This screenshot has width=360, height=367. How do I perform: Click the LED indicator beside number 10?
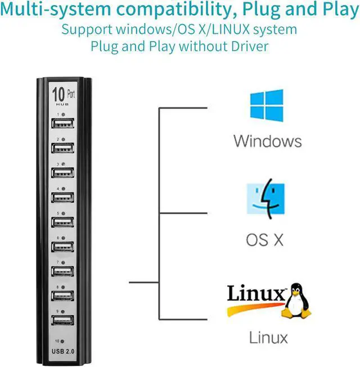(62, 342)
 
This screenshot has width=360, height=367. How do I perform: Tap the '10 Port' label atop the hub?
(62, 93)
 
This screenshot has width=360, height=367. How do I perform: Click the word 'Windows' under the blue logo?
(268, 140)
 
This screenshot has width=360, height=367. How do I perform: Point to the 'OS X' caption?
(265, 240)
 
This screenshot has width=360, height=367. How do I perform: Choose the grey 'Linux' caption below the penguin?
(268, 337)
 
